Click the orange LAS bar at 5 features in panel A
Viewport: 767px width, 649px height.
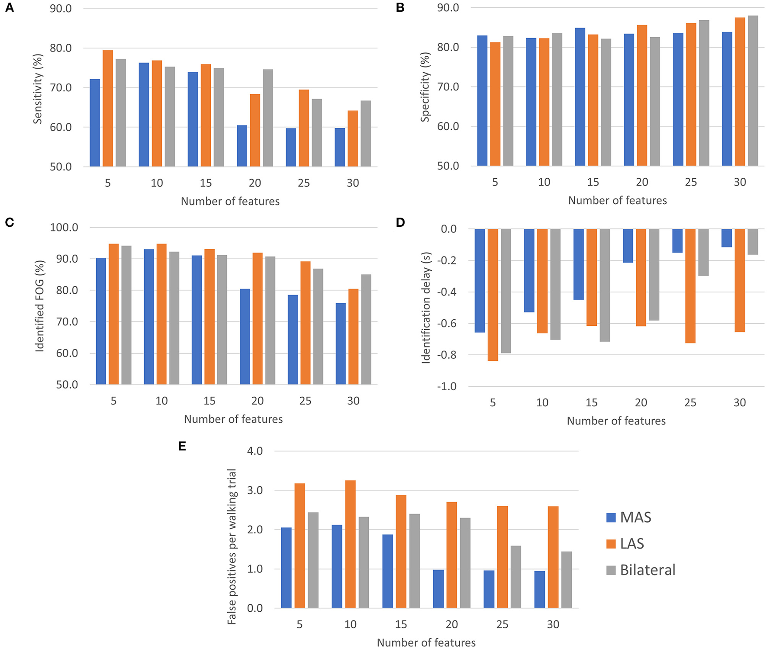tap(108, 109)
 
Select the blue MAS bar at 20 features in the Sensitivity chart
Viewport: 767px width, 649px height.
tap(242, 146)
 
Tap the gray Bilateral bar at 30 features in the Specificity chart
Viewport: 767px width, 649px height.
tap(753, 91)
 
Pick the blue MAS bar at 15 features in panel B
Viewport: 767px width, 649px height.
tap(580, 97)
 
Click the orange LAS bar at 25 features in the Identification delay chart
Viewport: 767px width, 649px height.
tap(690, 286)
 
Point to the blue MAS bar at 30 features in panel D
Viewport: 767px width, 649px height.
tap(727, 238)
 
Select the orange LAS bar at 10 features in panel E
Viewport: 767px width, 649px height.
tap(350, 544)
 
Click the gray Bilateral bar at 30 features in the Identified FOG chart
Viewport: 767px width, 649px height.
tap(366, 329)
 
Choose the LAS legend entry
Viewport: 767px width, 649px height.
tap(625, 544)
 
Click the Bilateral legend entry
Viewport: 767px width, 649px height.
tap(641, 570)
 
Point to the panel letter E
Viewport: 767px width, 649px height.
tap(182, 446)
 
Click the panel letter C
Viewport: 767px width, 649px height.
tap(10, 222)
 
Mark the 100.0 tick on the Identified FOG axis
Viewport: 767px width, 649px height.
tap(64, 228)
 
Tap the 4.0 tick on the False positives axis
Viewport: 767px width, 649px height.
tap(255, 451)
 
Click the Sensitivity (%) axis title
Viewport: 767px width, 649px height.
tap(38, 89)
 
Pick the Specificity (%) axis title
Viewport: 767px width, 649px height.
tap(425, 87)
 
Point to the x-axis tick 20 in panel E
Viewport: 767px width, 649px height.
tap(451, 624)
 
